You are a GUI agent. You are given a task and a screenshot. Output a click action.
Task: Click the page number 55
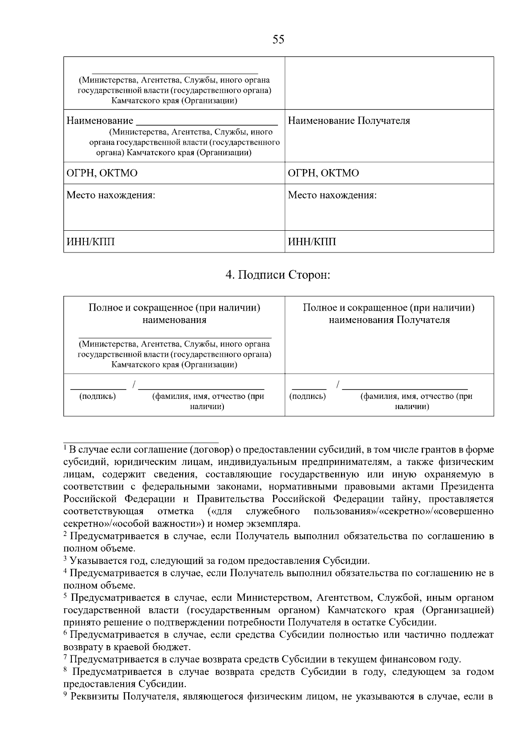click(x=278, y=40)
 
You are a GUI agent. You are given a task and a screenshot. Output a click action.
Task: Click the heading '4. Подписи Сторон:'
click(x=278, y=275)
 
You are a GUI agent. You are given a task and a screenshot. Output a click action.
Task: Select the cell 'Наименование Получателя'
click(x=349, y=121)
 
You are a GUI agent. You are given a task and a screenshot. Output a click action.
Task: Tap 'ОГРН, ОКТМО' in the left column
click(x=102, y=173)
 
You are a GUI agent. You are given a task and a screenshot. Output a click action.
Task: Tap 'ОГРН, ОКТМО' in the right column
click(x=324, y=173)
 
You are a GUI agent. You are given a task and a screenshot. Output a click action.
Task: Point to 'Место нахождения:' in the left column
click(x=111, y=195)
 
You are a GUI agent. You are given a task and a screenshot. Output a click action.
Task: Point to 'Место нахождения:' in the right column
click(x=332, y=195)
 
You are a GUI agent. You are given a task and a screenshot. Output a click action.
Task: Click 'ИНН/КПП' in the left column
click(x=90, y=242)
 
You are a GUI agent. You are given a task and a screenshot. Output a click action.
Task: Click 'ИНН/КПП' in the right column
click(x=312, y=242)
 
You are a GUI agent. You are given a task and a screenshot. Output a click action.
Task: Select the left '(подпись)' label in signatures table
click(x=97, y=396)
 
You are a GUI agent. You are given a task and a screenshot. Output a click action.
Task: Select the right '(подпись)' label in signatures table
click(x=307, y=396)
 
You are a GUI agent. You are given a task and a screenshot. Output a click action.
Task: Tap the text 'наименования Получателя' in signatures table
click(x=389, y=320)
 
